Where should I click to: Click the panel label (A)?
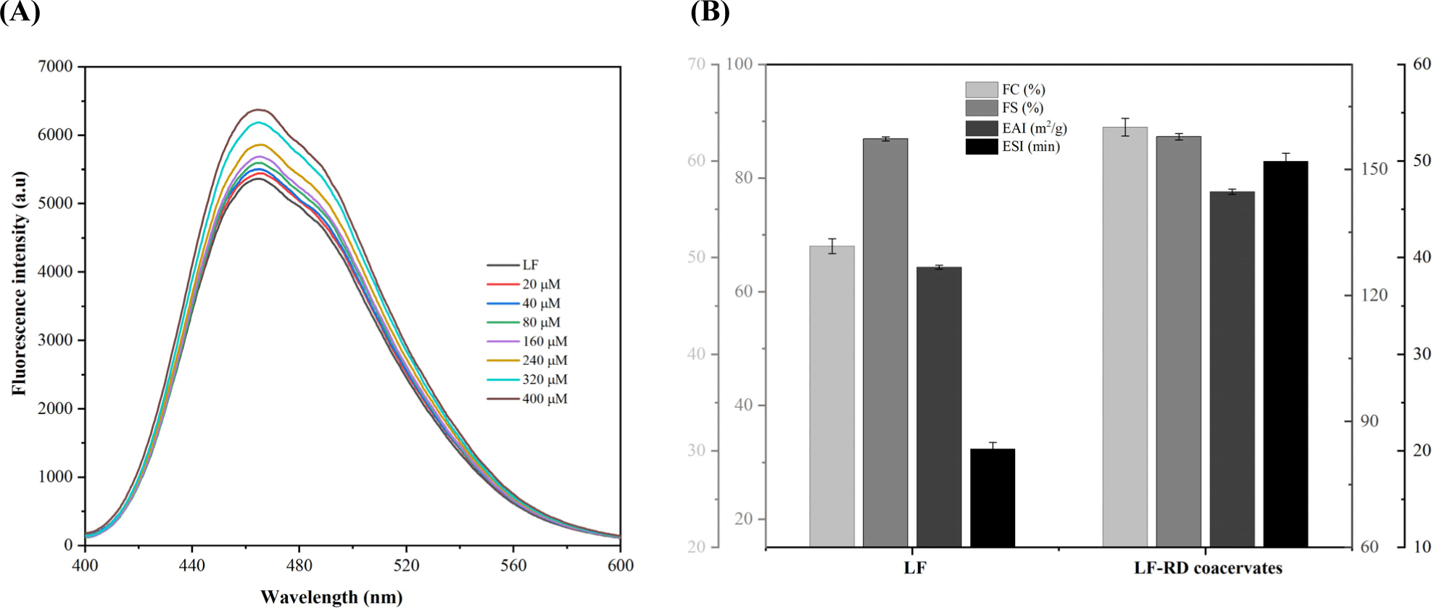(20, 12)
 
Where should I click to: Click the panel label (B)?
(710, 12)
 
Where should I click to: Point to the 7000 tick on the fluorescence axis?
(55, 67)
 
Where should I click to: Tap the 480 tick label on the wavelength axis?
(299, 566)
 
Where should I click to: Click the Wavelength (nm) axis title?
(331, 597)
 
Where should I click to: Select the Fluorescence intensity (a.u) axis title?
(19, 284)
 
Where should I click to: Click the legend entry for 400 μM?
(544, 399)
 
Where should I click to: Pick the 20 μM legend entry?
(541, 284)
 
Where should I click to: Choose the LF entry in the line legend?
(530, 265)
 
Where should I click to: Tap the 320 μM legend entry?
(544, 379)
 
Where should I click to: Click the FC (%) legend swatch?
(981, 90)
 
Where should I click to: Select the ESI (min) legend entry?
(1030, 146)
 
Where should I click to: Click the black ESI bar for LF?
(992, 497)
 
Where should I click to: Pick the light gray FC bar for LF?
(832, 396)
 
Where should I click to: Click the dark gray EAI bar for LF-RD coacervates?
(1232, 368)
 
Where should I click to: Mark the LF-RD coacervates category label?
(1207, 568)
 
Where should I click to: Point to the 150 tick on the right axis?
(1374, 169)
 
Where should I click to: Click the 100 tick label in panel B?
(739, 65)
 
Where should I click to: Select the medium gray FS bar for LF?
(885, 342)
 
